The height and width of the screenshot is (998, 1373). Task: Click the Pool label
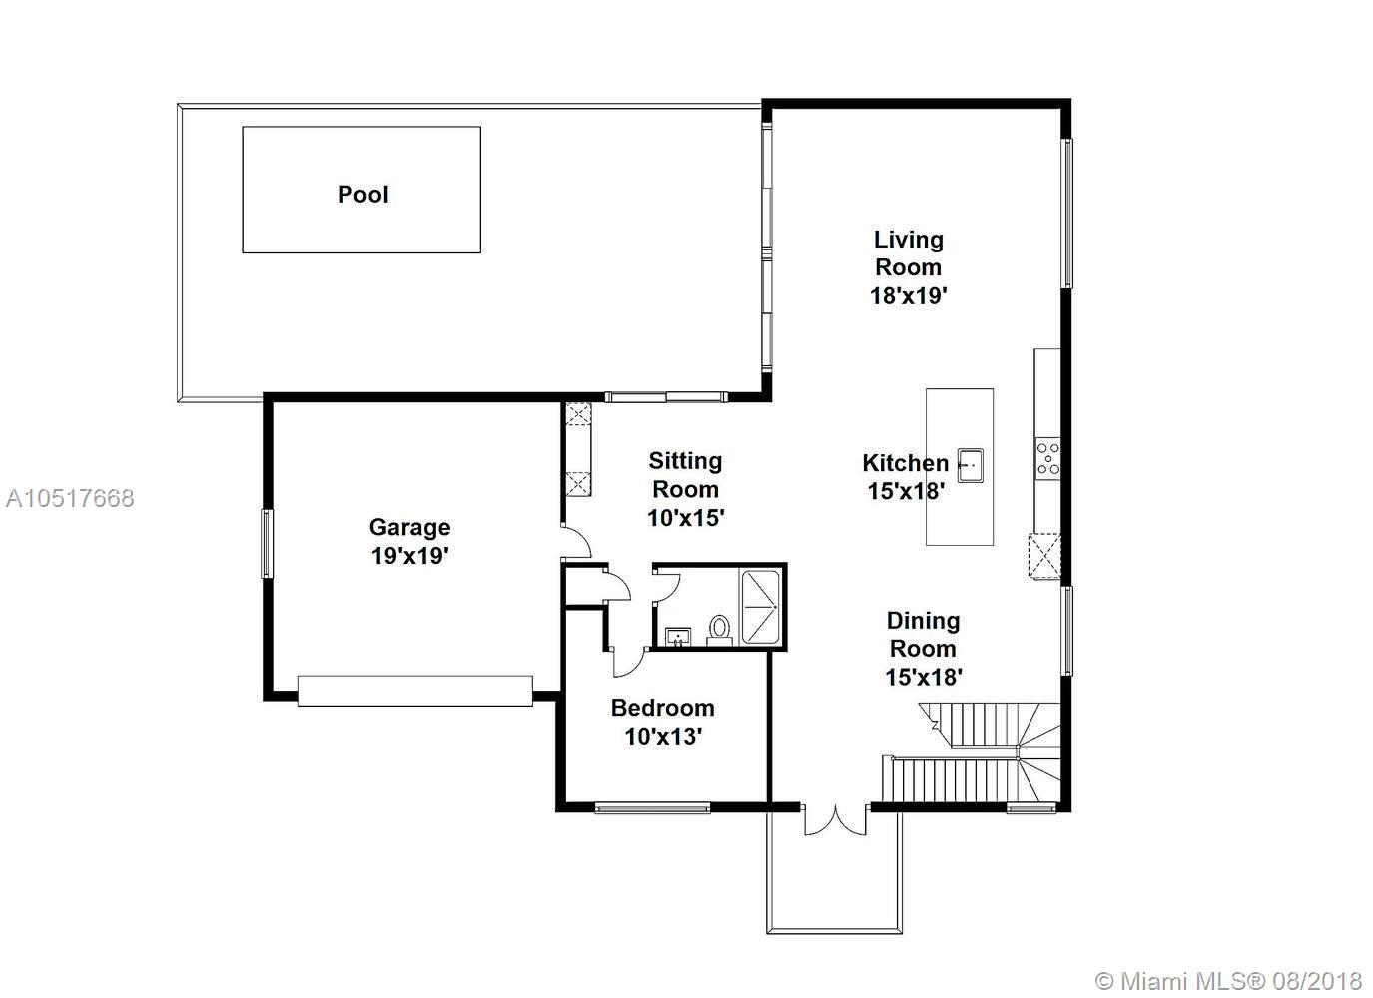point(362,195)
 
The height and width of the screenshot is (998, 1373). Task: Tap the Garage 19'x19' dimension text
point(410,556)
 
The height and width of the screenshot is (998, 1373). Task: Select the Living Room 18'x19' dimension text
point(909,296)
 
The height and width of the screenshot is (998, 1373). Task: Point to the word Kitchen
point(906,463)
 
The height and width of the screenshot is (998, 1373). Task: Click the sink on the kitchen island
point(971,466)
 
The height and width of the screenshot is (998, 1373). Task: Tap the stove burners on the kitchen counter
point(1047,459)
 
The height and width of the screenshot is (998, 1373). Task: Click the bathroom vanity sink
point(678,637)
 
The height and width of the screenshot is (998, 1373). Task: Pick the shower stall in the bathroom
point(761,607)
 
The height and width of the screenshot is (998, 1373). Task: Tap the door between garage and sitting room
point(576,542)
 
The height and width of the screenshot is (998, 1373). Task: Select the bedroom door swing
point(627,663)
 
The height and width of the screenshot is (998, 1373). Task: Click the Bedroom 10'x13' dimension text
point(663,737)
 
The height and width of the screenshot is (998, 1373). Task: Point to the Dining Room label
point(923,634)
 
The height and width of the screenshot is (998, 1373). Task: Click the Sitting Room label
point(685,475)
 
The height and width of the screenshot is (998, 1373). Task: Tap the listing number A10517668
point(70,498)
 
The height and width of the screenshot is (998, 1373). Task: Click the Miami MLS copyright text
point(1228,981)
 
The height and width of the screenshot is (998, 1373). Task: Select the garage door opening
point(415,691)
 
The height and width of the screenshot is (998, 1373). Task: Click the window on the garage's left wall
point(268,544)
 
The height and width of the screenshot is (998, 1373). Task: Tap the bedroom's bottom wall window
point(652,808)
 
